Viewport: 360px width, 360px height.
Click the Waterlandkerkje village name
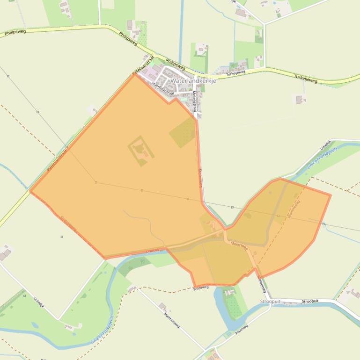pos(190,80)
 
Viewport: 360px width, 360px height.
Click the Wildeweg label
pos(200,289)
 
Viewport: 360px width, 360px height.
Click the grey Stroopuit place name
pos(270,302)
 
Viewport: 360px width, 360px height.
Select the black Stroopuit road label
pos(310,301)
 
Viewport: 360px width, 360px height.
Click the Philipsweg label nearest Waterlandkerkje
pos(176,65)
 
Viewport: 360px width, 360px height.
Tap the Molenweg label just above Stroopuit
pos(262,282)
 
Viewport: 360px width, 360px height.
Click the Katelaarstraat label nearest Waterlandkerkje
pos(143,66)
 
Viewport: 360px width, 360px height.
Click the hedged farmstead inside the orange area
pos(140,150)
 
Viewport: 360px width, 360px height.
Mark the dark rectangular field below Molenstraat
pos(183,132)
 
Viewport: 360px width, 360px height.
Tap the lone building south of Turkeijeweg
pos(300,99)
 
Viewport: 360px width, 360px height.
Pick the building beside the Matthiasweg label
pos(162,307)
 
